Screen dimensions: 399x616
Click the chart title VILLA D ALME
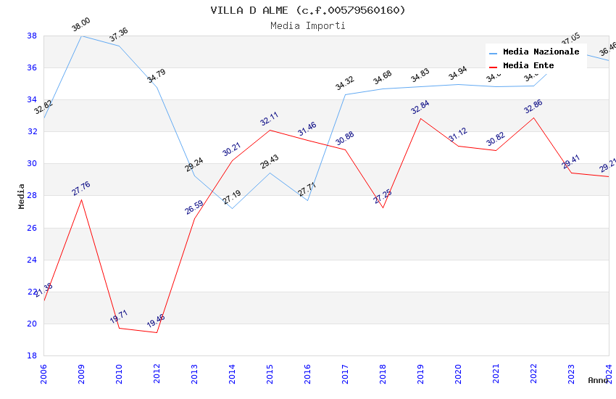pos(308,10)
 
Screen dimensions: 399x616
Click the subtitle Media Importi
pos(308,25)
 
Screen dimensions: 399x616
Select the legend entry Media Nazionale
pos(541,52)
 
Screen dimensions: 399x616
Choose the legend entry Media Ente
pos(528,65)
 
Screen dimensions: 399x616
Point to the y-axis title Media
pos(22,196)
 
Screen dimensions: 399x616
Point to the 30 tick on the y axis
pos(32,164)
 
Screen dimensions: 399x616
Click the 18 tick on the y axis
pos(32,355)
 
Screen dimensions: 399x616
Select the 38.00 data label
pos(81,26)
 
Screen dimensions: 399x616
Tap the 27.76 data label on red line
pos(81,189)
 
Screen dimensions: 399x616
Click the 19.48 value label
pos(156,321)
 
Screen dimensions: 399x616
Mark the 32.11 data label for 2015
pos(270,119)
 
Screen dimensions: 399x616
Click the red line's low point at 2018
pos(383,207)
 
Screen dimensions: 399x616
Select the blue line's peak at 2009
pos(81,36)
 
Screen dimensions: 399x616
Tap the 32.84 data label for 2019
pos(420,107)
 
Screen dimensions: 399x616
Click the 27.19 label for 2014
pos(232,197)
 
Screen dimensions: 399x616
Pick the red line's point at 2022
pos(533,118)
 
